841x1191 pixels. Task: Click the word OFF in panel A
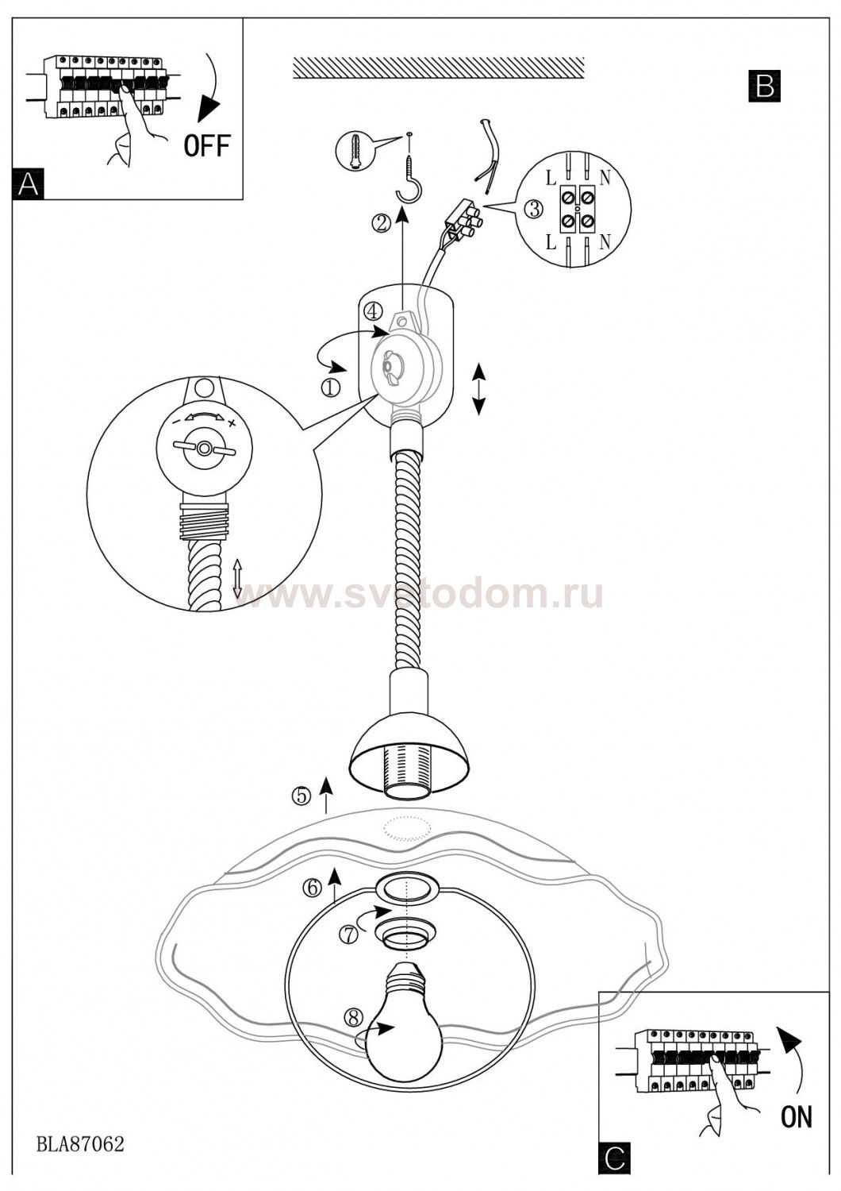207,145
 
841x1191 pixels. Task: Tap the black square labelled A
29,184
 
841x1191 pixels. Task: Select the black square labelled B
765,86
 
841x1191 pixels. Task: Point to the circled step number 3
533,210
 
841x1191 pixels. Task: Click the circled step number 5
301,811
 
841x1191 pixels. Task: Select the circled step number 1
331,389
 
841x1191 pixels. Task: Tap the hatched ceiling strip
439,68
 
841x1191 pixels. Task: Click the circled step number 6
313,888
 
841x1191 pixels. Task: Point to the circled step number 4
374,310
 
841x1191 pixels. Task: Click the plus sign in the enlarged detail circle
232,423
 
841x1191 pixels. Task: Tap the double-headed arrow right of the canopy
478,389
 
